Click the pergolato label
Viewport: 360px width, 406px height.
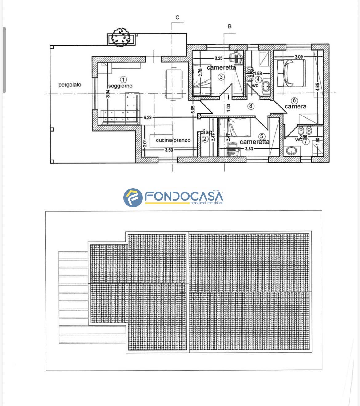[70, 85]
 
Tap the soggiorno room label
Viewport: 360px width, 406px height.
[120, 86]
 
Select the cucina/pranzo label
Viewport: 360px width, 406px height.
[173, 140]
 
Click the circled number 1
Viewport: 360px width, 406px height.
[123, 80]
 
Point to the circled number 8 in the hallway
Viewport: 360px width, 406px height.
[251, 106]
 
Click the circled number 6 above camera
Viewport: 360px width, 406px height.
[294, 100]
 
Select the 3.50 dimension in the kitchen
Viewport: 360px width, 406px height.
[169, 150]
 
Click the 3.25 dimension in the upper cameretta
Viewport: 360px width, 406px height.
[218, 58]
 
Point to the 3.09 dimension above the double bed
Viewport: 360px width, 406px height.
[299, 57]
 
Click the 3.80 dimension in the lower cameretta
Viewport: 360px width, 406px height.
[249, 149]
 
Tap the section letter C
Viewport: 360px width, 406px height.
[178, 18]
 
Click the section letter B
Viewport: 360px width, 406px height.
[230, 26]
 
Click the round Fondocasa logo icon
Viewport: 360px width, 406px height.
[133, 198]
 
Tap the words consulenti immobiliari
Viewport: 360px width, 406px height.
[206, 203]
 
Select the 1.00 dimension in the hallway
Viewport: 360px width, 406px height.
[228, 108]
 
